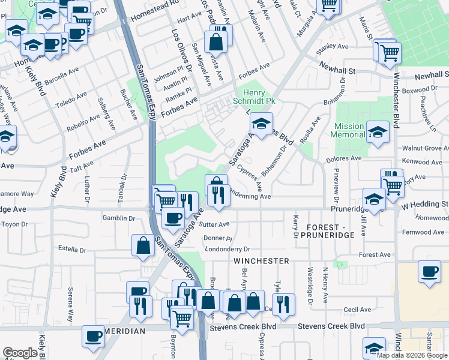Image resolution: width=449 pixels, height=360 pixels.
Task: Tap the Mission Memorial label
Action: coord(349,131)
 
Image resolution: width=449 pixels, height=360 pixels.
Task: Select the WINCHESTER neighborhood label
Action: coord(261,261)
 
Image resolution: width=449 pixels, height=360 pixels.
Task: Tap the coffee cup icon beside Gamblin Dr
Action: coord(172,218)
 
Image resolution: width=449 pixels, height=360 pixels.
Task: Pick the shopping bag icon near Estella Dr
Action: coord(143,245)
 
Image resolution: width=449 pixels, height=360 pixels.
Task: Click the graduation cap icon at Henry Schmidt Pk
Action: coord(261,124)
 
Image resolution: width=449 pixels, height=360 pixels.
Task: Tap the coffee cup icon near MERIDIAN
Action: coord(93,337)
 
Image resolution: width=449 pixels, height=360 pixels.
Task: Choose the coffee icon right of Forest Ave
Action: coord(430,271)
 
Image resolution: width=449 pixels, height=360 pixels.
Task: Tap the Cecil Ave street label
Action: coord(358,310)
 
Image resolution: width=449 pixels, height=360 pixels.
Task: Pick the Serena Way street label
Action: coord(70,307)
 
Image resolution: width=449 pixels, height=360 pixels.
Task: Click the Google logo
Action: coord(20,353)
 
